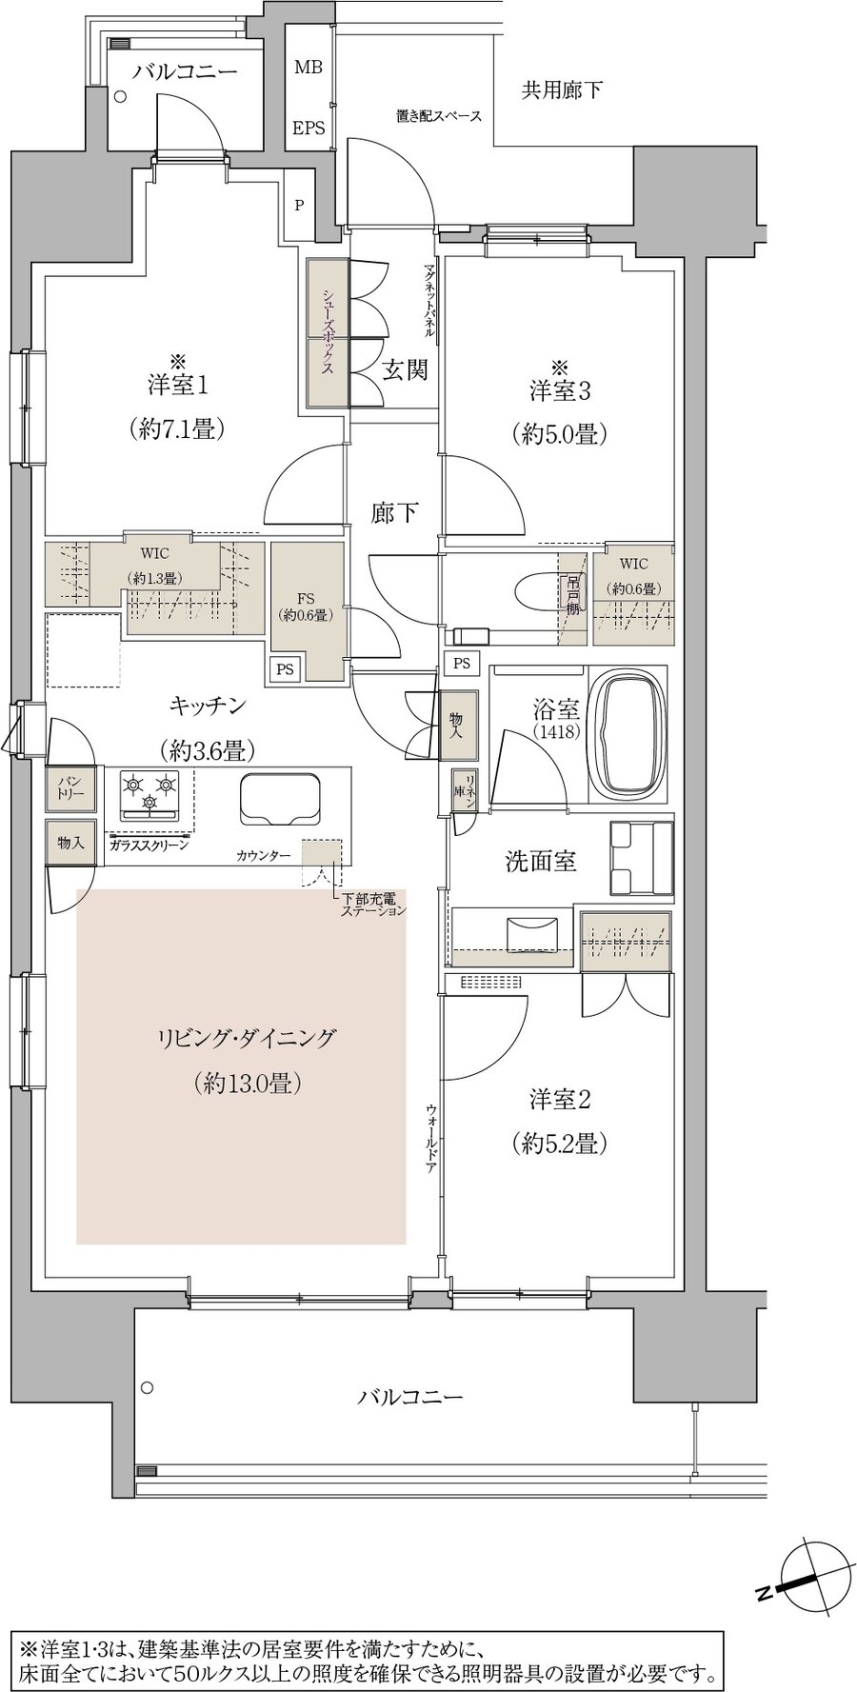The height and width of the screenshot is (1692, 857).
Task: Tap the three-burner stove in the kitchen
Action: [149, 793]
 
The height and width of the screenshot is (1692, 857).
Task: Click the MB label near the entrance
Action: [308, 68]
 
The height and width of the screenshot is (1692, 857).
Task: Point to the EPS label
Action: [308, 127]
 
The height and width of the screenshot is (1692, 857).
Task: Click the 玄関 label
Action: [405, 370]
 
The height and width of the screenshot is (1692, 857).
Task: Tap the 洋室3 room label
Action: [560, 389]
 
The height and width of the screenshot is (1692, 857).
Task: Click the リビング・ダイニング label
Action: [246, 1038]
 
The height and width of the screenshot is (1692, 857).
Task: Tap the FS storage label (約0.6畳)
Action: [306, 607]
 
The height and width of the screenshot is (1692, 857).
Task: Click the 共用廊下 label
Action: [562, 90]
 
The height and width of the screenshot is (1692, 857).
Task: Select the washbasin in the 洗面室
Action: [527, 934]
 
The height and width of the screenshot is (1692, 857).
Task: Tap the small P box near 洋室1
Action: [299, 205]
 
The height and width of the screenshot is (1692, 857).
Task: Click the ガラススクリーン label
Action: [148, 845]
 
